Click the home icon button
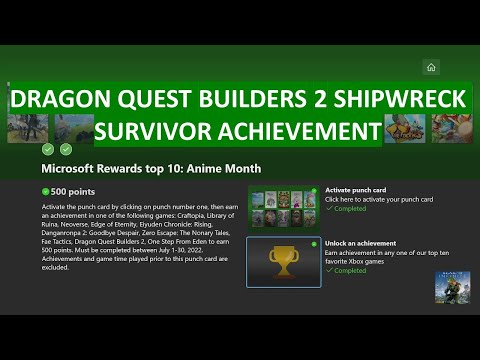(x=431, y=67)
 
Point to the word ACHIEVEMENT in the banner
(x=301, y=130)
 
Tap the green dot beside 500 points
(x=46, y=190)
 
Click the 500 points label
(x=70, y=190)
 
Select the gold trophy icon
(x=284, y=261)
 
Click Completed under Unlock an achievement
(x=351, y=270)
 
